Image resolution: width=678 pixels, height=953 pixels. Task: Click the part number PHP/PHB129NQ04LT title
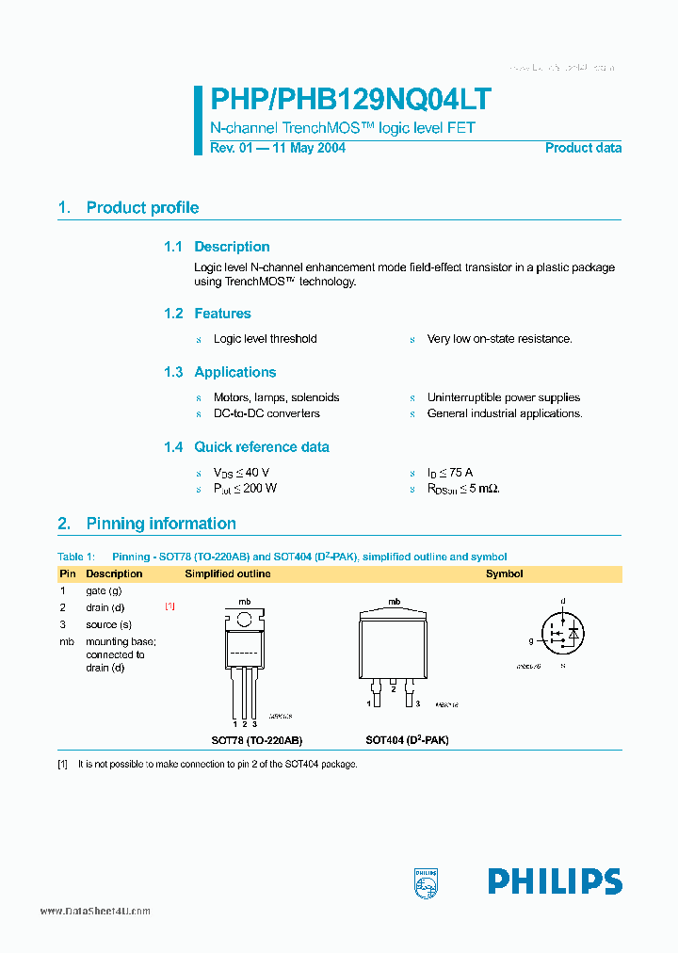tap(349, 101)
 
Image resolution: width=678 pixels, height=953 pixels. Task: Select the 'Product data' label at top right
tap(583, 148)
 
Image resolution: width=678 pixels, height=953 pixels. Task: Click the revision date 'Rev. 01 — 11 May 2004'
tap(277, 148)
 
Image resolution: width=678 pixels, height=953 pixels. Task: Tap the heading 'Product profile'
tap(142, 208)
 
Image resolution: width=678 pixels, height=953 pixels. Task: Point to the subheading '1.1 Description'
tap(217, 247)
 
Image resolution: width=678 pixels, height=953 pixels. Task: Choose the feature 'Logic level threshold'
tap(265, 339)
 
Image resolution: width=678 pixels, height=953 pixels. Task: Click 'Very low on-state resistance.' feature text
tap(499, 339)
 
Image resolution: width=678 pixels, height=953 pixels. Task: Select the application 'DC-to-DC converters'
tap(266, 413)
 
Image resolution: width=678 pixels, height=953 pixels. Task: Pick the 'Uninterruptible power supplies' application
tap(503, 397)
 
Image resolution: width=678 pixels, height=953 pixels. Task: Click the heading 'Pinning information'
tap(161, 524)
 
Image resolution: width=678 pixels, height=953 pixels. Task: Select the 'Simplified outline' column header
tap(227, 573)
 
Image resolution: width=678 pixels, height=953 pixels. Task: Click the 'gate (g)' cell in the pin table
tap(104, 590)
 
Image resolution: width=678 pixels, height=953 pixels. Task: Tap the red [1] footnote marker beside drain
tap(169, 606)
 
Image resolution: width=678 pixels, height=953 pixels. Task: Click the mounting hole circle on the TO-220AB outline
tap(244, 620)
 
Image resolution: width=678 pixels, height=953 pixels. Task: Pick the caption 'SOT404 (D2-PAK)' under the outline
tap(407, 740)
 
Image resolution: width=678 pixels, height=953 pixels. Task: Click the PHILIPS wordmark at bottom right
tap(554, 881)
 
